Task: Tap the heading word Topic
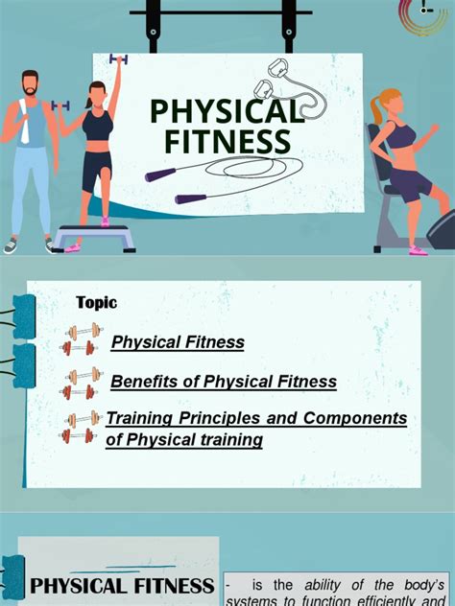click(96, 303)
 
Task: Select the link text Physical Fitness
click(178, 342)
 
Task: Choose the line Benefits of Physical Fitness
click(224, 382)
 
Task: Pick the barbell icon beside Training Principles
click(82, 426)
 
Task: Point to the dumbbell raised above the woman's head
click(119, 59)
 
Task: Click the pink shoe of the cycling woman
click(419, 250)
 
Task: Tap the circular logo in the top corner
click(426, 16)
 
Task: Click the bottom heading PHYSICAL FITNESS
click(122, 586)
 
